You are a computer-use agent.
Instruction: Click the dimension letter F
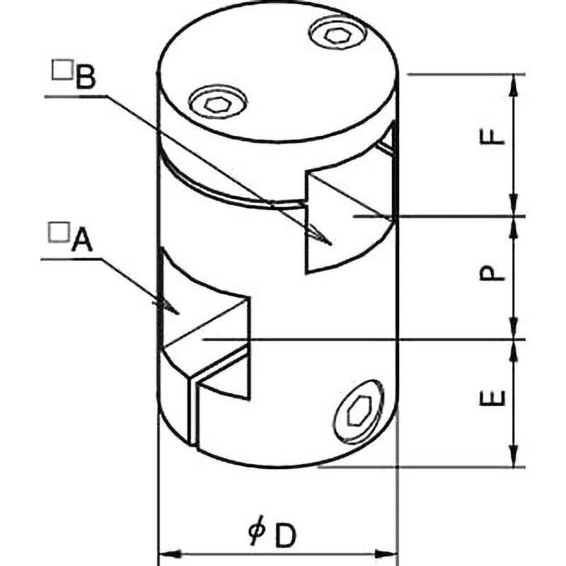click(x=491, y=137)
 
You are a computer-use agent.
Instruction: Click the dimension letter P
click(x=491, y=273)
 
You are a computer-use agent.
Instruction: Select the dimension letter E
click(x=492, y=398)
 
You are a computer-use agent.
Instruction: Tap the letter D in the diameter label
click(x=286, y=536)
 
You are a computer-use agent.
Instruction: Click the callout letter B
click(x=86, y=76)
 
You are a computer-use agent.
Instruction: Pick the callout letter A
click(x=82, y=240)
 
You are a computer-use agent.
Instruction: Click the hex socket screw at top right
click(x=337, y=33)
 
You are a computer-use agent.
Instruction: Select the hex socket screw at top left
click(x=218, y=103)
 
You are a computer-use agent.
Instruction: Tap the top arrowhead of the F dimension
click(x=513, y=85)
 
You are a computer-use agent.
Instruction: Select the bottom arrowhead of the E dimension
click(x=513, y=456)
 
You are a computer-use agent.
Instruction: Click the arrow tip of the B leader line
click(x=330, y=245)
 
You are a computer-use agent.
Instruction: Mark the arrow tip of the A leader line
click(x=178, y=313)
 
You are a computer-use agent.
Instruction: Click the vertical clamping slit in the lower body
click(x=193, y=412)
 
